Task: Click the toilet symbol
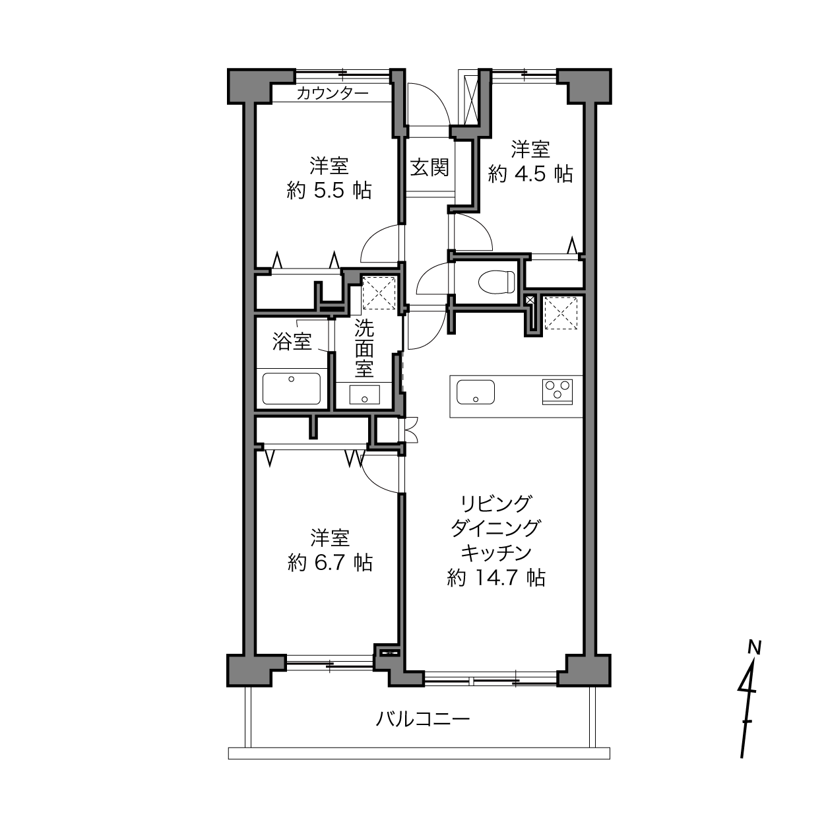[x=496, y=282]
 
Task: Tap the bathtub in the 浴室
[x=292, y=389]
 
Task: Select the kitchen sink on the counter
[x=476, y=392]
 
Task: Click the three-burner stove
[x=557, y=392]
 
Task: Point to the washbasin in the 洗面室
[x=364, y=395]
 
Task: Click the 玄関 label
[x=429, y=167]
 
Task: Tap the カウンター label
[x=333, y=93]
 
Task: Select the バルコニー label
[x=423, y=719]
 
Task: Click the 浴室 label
[x=292, y=342]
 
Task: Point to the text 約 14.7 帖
[x=496, y=578]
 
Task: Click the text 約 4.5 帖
[x=530, y=174]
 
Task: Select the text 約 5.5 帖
[x=329, y=190]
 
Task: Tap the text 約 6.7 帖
[x=330, y=562]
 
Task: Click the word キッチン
[x=496, y=553]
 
